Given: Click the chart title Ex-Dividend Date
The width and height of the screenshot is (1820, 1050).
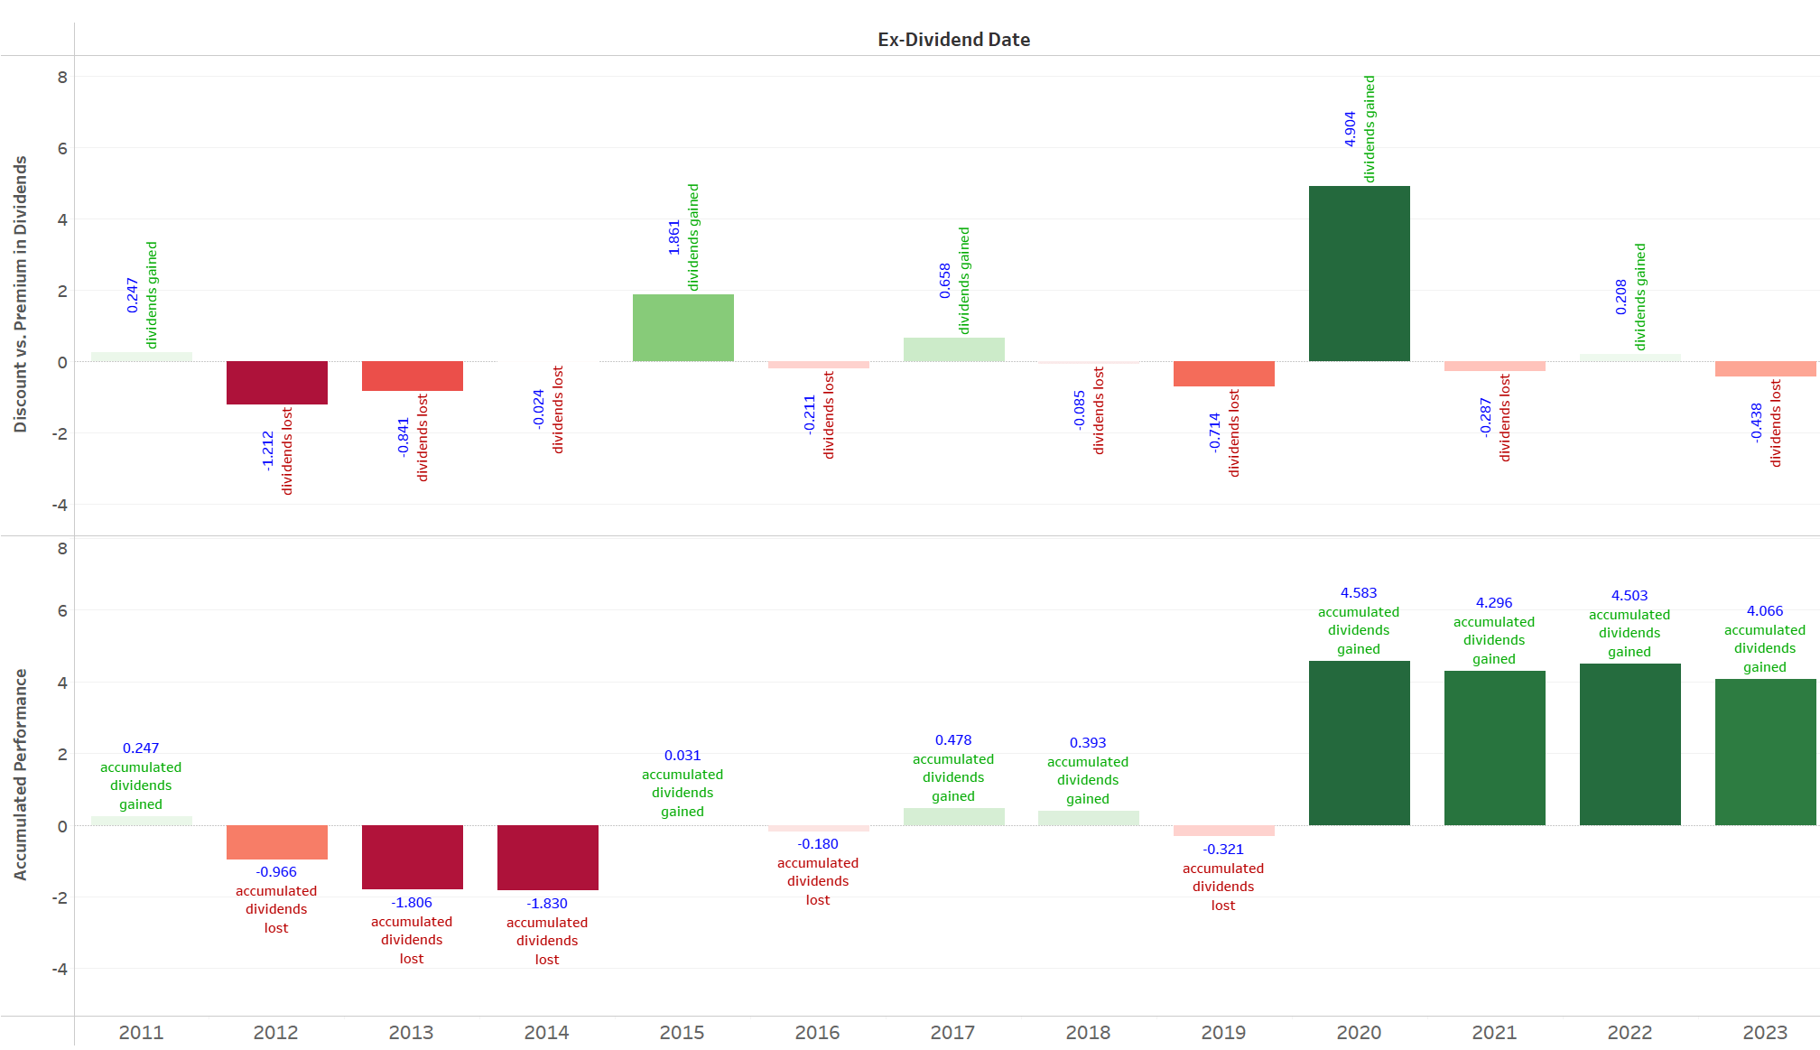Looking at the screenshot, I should click(x=953, y=40).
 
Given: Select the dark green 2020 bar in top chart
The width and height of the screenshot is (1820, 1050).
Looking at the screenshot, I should click(x=1359, y=274).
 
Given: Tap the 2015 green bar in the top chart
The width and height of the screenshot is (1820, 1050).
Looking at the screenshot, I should click(x=682, y=328).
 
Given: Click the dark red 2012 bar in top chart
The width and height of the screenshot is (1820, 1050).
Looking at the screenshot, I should click(x=276, y=383).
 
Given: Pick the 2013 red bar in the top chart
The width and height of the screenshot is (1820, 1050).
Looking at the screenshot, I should click(x=412, y=376).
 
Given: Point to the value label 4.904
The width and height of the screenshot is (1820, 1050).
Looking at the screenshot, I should click(x=1350, y=129).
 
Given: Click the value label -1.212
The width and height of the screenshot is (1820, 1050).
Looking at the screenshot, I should click(x=267, y=451).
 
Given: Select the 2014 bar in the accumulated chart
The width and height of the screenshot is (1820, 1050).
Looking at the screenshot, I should click(x=547, y=858).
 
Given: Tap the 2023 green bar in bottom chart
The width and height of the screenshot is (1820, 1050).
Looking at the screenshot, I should click(x=1765, y=752).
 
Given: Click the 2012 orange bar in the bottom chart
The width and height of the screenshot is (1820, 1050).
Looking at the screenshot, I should click(x=276, y=842).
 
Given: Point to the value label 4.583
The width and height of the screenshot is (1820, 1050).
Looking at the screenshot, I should click(x=1359, y=593).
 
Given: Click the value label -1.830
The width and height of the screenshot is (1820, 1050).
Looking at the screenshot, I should click(x=547, y=904).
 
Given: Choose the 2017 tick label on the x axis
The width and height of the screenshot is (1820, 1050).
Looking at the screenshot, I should click(x=952, y=1032).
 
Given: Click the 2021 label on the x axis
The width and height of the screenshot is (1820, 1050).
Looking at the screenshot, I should click(x=1494, y=1032).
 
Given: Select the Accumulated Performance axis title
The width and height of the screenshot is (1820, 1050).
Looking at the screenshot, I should click(x=20, y=774).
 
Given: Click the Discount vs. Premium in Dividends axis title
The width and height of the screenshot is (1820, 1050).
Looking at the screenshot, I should click(x=20, y=294).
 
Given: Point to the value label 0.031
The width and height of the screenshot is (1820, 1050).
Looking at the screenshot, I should click(x=682, y=756).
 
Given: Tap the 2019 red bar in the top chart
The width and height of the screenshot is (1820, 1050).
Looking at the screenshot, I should click(x=1223, y=374).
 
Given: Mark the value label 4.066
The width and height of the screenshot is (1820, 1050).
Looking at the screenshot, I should click(x=1765, y=611).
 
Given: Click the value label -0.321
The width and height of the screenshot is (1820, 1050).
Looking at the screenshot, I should click(x=1223, y=850).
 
